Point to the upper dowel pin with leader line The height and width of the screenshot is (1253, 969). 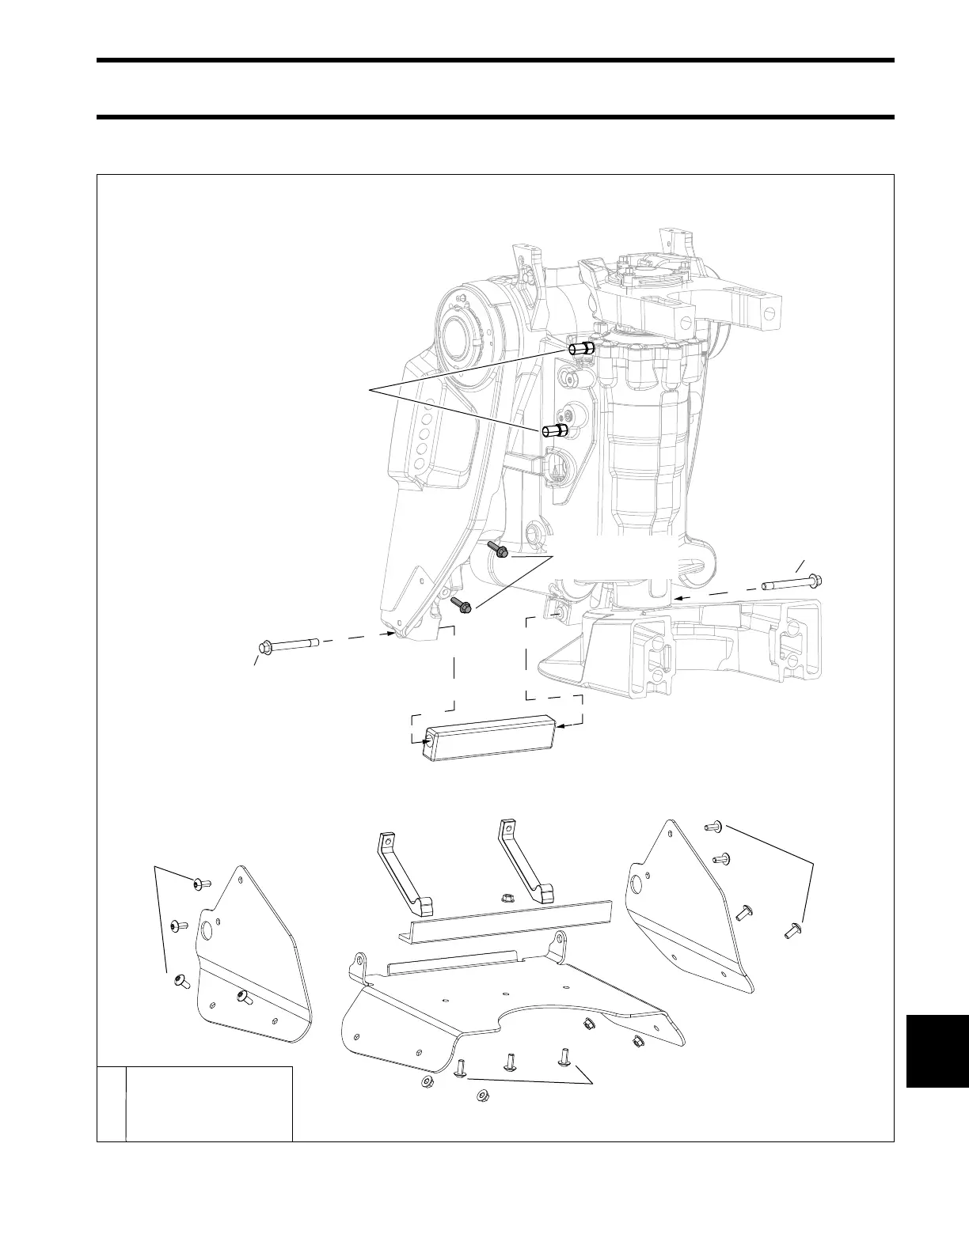581,348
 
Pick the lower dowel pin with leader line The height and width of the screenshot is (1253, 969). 554,431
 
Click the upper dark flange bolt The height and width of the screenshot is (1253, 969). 499,550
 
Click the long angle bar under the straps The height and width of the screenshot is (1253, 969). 507,921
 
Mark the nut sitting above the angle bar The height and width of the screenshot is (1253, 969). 504,898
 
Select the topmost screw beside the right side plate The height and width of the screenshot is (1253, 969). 711,827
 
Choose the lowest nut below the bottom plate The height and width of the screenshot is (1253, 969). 480,1096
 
